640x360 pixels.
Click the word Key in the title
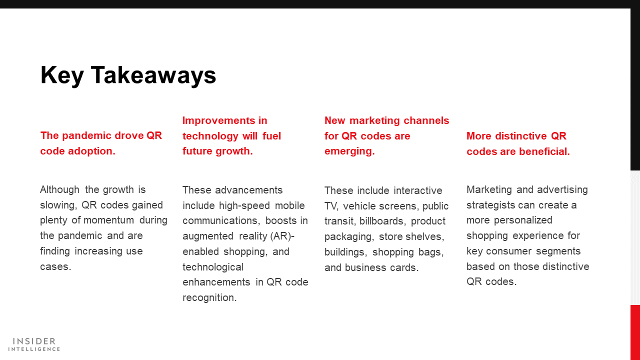62,75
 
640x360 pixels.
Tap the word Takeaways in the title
153,75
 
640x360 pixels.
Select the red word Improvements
219,121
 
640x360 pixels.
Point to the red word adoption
91,151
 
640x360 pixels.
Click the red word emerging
349,151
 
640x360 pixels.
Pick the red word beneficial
544,151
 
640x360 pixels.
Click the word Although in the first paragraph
59,190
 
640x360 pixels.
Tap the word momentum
109,220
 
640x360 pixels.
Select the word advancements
249,190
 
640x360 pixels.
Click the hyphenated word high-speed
244,205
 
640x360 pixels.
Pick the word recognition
209,297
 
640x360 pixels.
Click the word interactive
417,190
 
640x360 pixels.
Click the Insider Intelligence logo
34,344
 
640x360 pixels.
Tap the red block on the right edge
635,332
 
